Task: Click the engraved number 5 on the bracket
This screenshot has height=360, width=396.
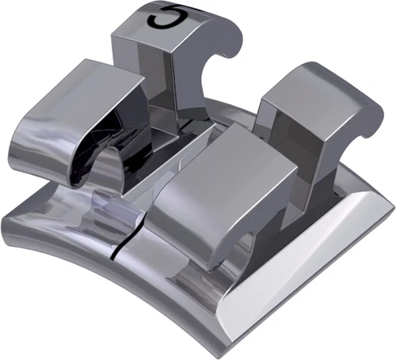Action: (x=166, y=17)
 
